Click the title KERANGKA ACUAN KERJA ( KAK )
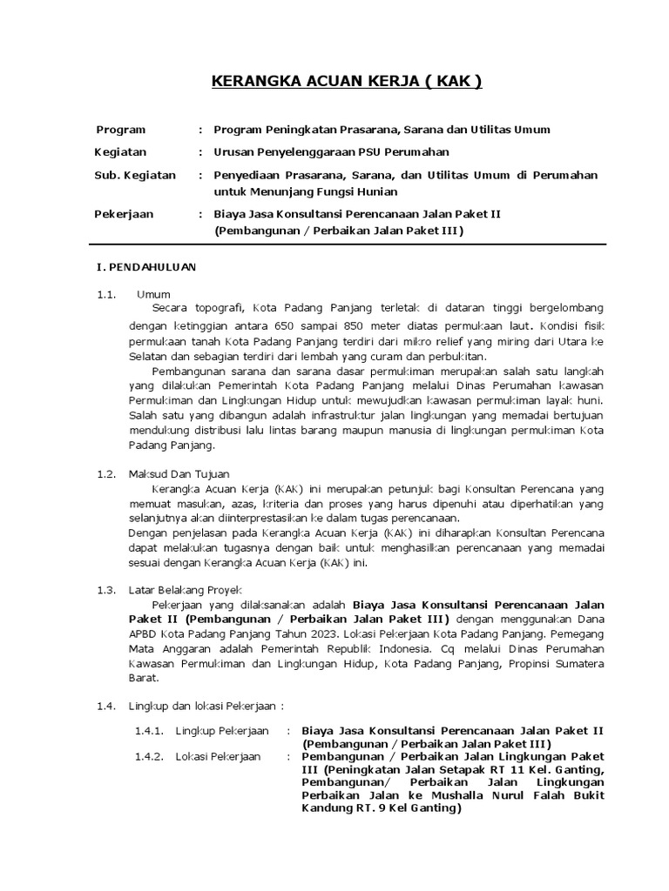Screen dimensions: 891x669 347,82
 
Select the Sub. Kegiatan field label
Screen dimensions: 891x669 134,175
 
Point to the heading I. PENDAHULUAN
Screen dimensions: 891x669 145,267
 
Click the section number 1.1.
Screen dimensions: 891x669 106,294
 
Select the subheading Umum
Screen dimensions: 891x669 153,294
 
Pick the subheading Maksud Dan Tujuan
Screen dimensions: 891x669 179,474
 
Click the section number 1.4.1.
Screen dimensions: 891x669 150,730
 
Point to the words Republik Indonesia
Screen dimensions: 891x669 382,649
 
